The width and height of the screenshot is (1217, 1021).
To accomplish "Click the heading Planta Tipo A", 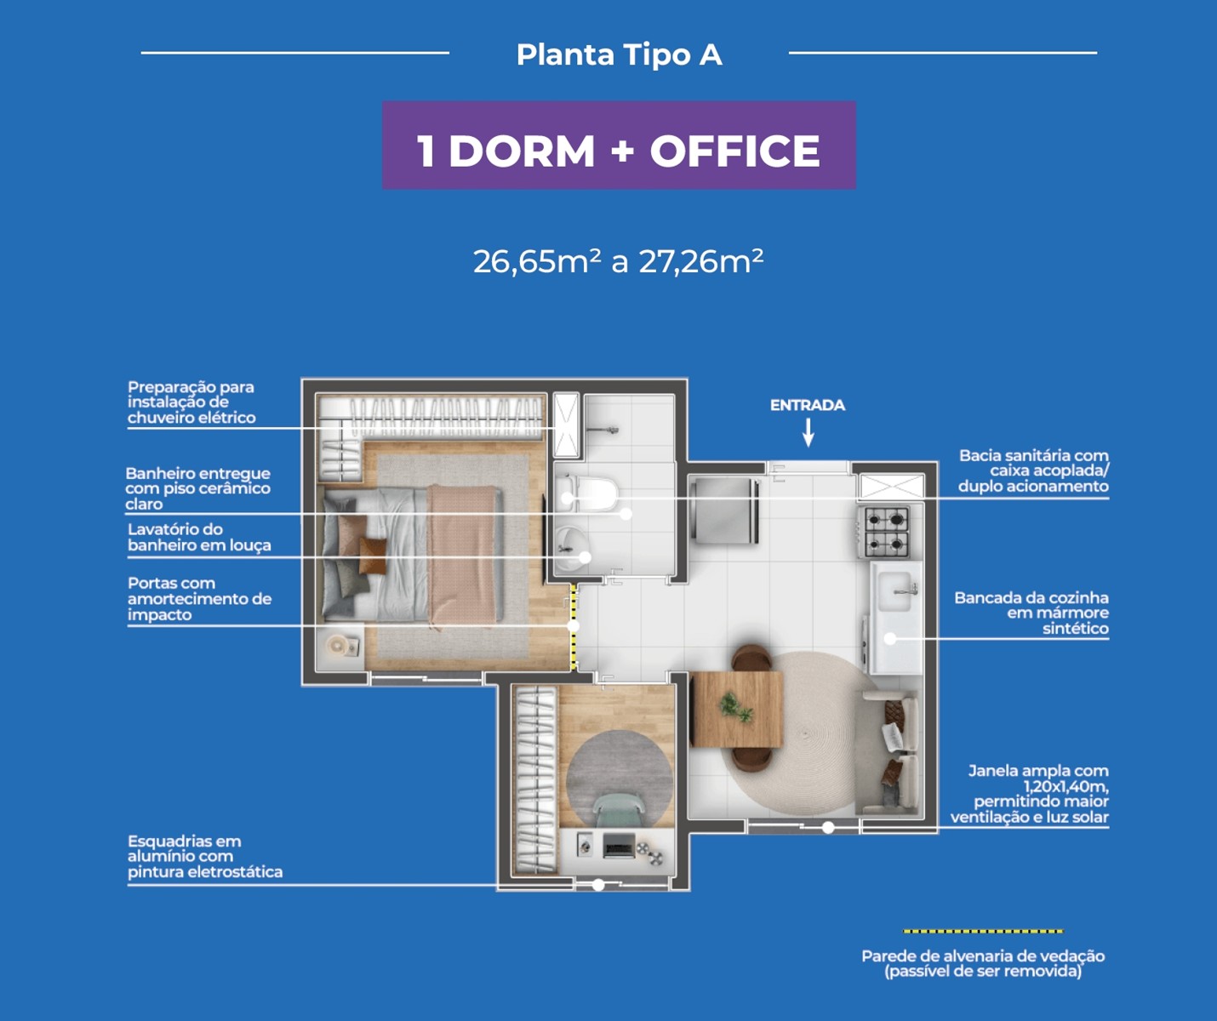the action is [x=619, y=54].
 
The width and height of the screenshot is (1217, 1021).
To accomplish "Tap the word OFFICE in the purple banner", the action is [x=735, y=151].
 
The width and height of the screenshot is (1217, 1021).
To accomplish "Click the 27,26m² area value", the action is [x=700, y=261].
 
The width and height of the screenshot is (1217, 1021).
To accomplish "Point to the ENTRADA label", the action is [x=808, y=405].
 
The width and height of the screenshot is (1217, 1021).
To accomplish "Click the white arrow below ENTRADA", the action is [x=808, y=433].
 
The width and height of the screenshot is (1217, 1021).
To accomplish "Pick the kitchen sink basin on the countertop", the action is [x=894, y=590].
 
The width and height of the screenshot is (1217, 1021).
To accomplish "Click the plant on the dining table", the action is [x=735, y=708].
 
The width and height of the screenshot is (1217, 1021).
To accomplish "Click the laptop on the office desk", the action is [x=619, y=846].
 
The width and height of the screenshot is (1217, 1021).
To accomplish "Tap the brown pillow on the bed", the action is [x=373, y=556].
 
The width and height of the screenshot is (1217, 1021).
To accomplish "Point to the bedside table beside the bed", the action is [x=340, y=647].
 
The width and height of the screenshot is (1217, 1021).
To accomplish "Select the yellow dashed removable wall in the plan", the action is [x=574, y=626].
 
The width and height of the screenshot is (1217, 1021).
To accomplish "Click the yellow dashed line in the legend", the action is [x=983, y=932].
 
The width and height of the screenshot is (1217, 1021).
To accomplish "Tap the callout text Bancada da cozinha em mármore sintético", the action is [x=1031, y=613].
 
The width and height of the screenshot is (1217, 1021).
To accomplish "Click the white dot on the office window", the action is [x=598, y=885].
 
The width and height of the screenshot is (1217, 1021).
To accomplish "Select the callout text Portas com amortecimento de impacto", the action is [x=199, y=599].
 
